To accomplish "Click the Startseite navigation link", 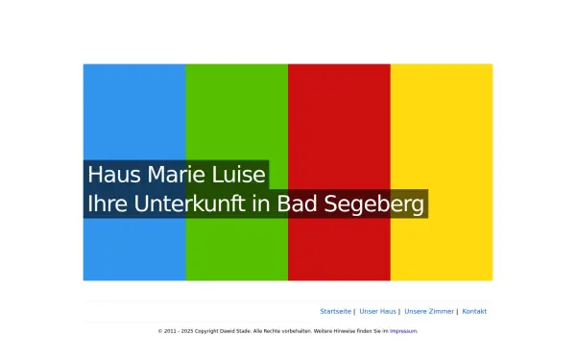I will click(335, 311).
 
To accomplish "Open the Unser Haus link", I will click(377, 311).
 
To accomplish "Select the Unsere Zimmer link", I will click(429, 311).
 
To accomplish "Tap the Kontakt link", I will click(474, 311).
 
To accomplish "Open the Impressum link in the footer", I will click(403, 331).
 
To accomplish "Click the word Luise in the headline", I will click(239, 175).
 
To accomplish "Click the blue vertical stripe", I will click(134, 106).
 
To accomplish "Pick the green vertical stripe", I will click(236, 106).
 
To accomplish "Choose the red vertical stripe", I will click(339, 106).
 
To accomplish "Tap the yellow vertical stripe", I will click(442, 106).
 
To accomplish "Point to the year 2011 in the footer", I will click(169, 331).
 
